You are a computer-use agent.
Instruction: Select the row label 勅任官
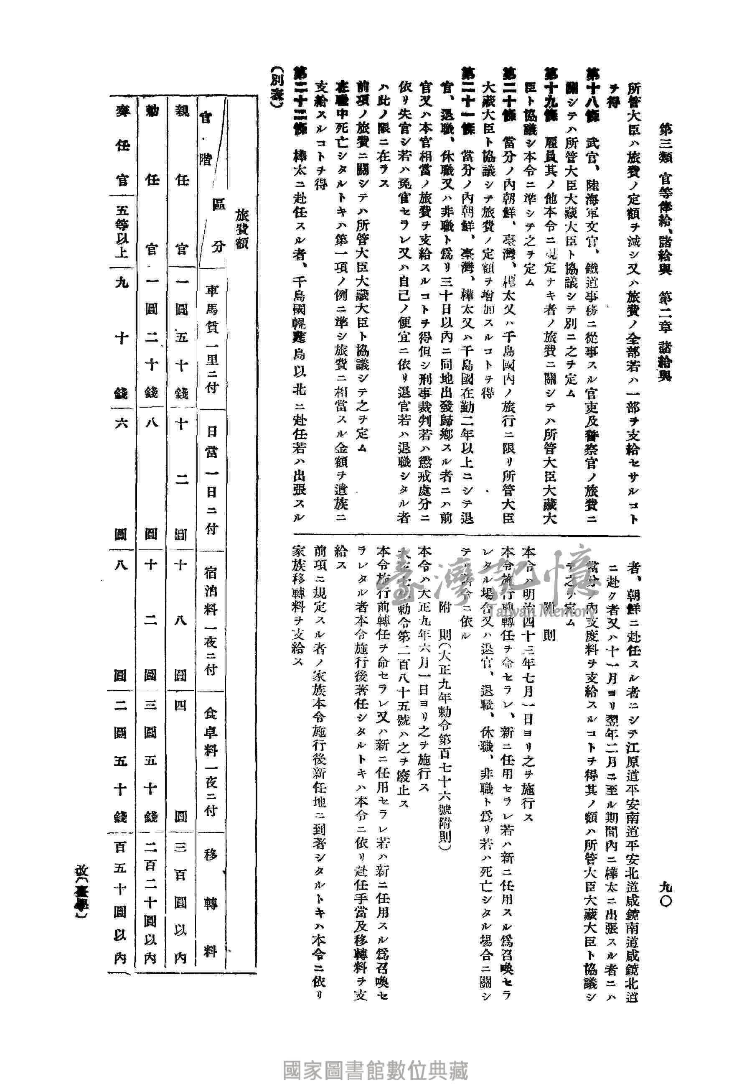151,179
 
